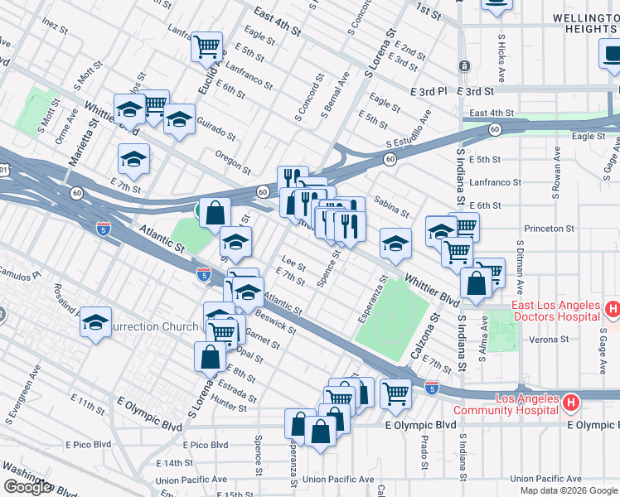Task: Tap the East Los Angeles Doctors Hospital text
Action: tap(555, 311)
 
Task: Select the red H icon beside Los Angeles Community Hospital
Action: tap(571, 403)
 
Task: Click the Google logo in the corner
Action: tap(27, 487)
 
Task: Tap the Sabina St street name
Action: tap(391, 206)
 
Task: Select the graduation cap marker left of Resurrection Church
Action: tap(96, 321)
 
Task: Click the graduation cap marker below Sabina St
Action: tap(395, 242)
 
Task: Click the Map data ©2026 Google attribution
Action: tap(568, 490)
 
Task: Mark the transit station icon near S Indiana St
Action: tap(464, 65)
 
